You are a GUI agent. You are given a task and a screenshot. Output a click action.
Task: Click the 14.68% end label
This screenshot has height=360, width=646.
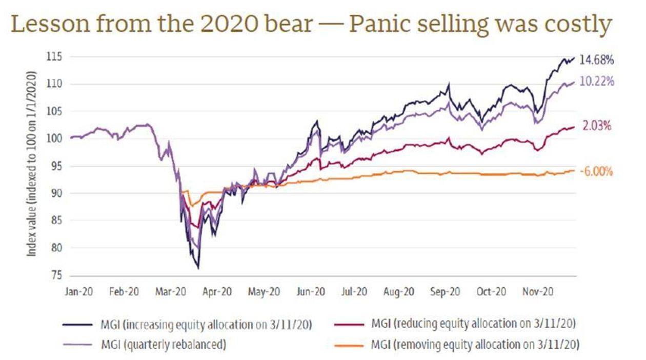pos(596,60)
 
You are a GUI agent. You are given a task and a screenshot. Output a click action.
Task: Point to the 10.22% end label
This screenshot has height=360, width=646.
pos(596,82)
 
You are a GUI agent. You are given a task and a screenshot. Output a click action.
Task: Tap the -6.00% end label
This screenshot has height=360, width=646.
pos(596,172)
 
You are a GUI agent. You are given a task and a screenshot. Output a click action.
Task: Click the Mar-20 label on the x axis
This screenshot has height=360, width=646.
pos(170,292)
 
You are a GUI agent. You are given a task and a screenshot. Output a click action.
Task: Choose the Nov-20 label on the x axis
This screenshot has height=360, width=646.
pos(537,292)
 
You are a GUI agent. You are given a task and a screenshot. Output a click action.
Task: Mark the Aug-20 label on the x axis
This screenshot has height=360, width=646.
pos(398,292)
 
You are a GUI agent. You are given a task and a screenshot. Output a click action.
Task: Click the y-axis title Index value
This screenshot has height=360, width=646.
pos(32,164)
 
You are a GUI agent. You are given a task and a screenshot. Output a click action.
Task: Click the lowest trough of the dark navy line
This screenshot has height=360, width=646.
pos(198,268)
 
